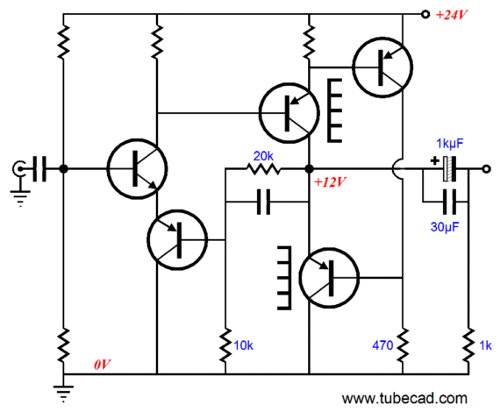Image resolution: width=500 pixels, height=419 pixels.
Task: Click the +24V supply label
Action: click(x=451, y=15)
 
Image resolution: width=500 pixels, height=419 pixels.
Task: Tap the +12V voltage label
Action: click(x=330, y=182)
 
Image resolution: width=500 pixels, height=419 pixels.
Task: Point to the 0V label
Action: click(x=103, y=365)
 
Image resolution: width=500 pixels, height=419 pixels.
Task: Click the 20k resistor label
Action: click(x=263, y=156)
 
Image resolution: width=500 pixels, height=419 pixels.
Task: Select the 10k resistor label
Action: click(x=243, y=345)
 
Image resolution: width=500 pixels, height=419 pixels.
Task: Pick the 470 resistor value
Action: click(x=382, y=345)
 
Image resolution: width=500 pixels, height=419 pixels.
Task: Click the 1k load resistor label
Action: click(x=485, y=345)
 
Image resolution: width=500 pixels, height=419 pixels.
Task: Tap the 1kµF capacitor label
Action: click(x=450, y=144)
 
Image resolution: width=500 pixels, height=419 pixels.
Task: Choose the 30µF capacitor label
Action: click(x=445, y=227)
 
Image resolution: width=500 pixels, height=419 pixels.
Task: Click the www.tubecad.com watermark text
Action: click(x=404, y=399)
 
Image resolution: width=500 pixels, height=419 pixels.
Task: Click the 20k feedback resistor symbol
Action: click(x=263, y=168)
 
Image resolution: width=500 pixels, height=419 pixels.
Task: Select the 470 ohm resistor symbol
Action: click(x=403, y=345)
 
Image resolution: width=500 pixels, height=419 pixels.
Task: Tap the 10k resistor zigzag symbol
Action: click(x=225, y=345)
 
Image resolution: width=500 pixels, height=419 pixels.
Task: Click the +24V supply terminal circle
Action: click(x=425, y=14)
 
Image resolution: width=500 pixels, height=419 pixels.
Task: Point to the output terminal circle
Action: click(x=486, y=169)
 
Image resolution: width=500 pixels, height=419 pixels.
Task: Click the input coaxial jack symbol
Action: click(x=19, y=169)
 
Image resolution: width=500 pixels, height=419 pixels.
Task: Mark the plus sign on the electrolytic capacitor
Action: click(x=434, y=160)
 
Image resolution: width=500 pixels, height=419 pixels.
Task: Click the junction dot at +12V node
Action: click(x=309, y=169)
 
